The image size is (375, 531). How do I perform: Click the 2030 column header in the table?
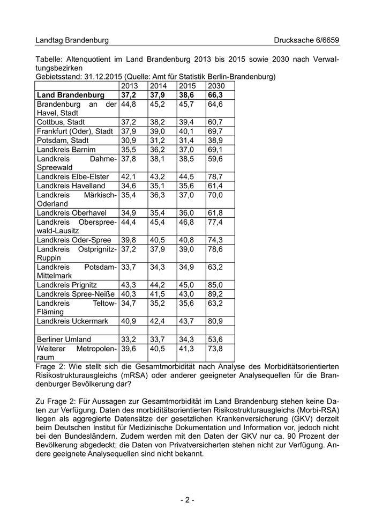[216, 86]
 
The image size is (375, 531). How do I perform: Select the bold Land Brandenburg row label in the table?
[70, 95]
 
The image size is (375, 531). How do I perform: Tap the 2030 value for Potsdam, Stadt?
[215, 141]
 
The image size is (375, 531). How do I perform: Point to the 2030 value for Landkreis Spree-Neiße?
[215, 294]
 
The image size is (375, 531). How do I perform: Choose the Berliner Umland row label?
[64, 340]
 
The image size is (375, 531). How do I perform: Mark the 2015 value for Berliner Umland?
[186, 340]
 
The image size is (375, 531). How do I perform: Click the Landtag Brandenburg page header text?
[72, 40]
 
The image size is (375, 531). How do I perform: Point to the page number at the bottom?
[187, 500]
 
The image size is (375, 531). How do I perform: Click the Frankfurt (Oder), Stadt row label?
[74, 131]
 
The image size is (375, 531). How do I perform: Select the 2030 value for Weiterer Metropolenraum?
[215, 349]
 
